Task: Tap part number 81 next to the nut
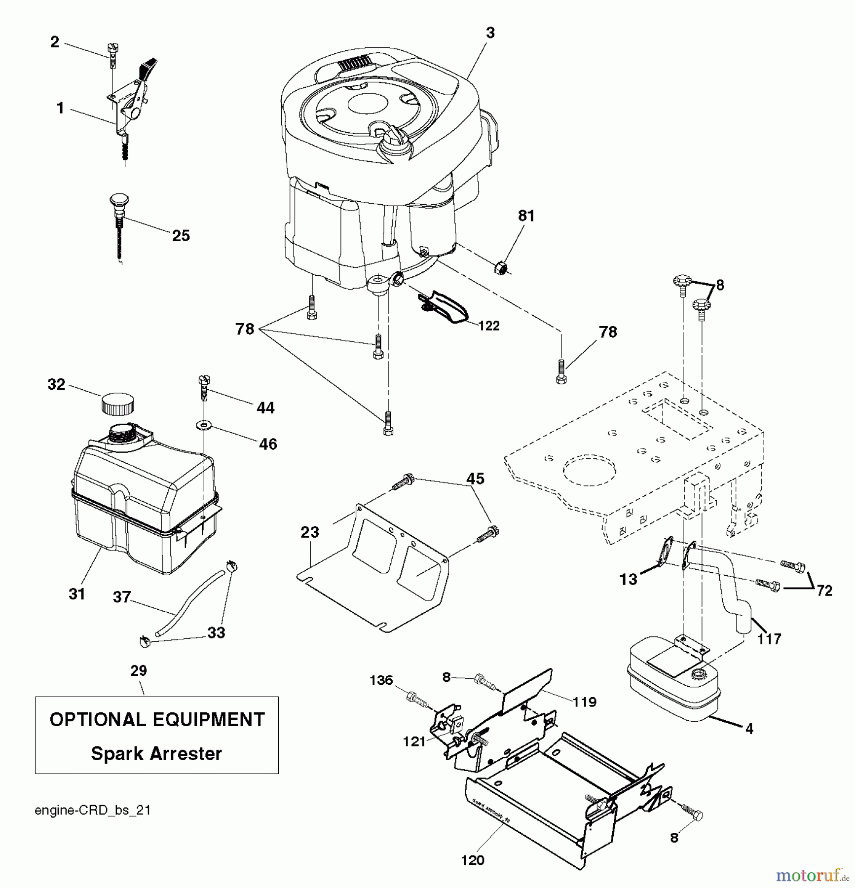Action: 526,216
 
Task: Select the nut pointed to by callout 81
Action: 501,268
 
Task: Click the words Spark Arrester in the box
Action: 156,753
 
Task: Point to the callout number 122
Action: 488,326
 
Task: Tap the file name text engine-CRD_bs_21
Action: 92,810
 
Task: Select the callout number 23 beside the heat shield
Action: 310,532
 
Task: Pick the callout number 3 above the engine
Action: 489,33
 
